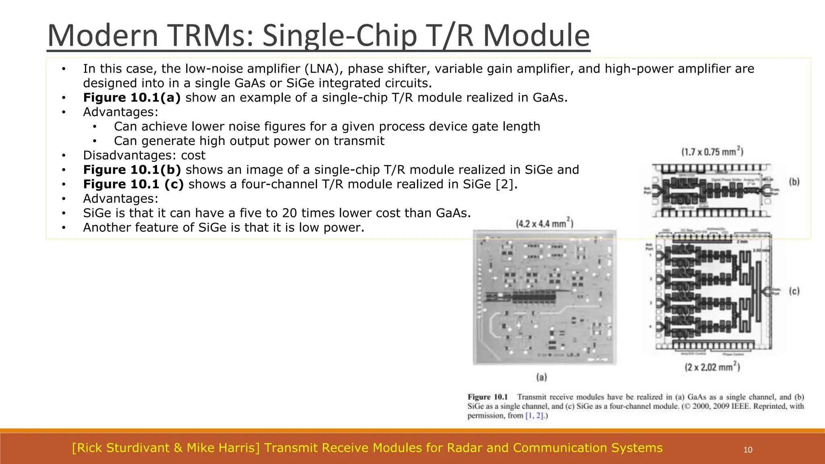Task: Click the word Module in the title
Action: point(536,35)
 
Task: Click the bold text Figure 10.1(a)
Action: point(132,98)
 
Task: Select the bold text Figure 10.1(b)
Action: point(132,170)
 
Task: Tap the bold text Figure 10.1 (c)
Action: point(133,184)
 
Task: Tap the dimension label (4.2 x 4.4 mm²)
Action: point(544,223)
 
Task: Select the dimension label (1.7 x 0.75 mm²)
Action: point(712,151)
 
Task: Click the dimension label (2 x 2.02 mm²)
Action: point(712,367)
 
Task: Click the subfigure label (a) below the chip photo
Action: point(541,377)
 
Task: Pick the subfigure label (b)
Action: point(794,182)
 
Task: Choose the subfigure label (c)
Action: point(794,291)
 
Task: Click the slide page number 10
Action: point(748,450)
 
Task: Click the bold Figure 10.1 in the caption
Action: point(487,397)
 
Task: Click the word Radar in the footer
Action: point(463,448)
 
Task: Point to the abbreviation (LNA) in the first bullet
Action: point(324,69)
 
